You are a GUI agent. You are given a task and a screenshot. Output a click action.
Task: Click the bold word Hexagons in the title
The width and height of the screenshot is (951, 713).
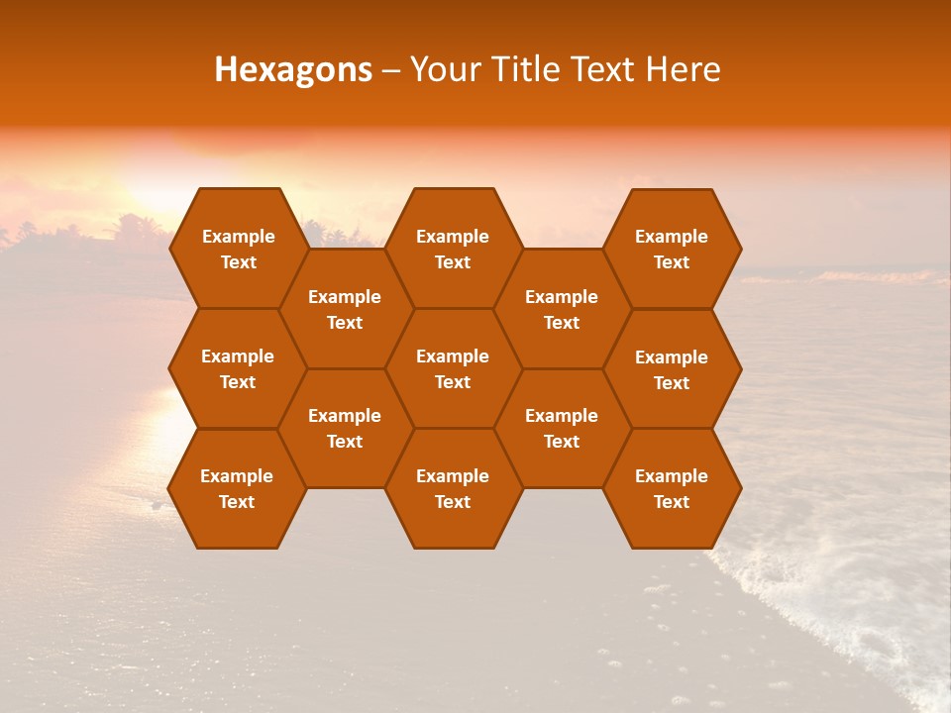(293, 69)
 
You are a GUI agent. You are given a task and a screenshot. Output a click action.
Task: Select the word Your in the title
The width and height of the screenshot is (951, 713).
(440, 69)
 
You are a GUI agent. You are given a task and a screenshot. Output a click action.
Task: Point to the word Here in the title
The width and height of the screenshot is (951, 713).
(683, 69)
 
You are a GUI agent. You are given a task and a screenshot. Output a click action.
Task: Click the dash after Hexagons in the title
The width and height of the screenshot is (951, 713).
(390, 70)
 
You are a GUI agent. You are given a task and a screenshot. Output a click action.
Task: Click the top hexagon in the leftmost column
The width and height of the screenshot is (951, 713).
(238, 249)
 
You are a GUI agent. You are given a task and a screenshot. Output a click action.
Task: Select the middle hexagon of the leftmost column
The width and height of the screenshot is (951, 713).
(238, 368)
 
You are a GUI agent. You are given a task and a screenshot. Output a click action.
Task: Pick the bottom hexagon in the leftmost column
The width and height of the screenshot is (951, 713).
(237, 488)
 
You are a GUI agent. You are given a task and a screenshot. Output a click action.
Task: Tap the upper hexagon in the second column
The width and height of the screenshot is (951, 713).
(345, 309)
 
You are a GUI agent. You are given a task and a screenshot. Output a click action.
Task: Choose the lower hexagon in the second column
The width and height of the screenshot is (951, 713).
(345, 428)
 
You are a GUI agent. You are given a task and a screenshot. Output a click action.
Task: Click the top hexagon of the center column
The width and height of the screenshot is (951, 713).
(453, 249)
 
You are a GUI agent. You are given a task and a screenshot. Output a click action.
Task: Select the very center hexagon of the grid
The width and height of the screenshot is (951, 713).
(453, 368)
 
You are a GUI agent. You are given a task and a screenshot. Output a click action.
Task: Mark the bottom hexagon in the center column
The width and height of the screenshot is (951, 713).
(453, 488)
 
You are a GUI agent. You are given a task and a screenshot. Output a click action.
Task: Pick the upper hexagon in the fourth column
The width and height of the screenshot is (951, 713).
(562, 309)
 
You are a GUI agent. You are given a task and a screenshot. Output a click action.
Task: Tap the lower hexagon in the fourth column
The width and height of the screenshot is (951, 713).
(562, 428)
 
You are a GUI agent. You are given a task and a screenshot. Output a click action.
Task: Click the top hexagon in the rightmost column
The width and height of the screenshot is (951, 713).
(672, 249)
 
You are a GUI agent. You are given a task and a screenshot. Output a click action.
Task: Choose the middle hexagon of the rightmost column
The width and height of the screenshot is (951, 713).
(672, 369)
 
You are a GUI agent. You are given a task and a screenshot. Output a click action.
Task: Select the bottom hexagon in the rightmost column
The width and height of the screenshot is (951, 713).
(672, 488)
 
